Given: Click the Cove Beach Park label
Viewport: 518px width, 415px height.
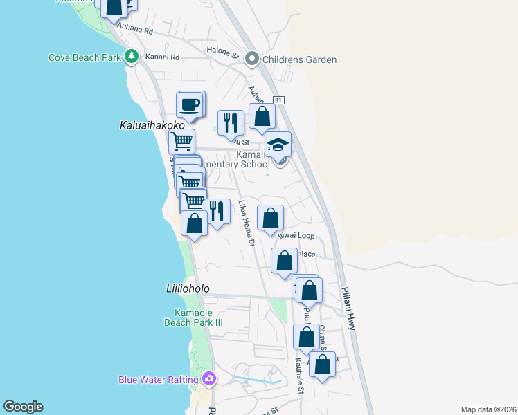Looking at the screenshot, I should coord(84,58).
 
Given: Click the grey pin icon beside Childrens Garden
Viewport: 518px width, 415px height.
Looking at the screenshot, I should coord(251,59).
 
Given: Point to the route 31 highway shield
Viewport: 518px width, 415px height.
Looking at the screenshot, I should coord(278,100).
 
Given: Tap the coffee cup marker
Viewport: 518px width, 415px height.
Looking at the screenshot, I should coord(189,106).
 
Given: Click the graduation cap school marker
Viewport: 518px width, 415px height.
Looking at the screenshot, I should coord(278,145).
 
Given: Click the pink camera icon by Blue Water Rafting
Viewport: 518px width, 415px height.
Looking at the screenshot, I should coord(209,379).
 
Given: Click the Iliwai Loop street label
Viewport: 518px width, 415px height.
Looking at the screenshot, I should coord(296,236).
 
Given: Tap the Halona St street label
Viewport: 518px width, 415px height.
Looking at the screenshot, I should coord(222,50).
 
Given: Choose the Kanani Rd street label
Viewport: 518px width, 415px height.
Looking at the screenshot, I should coord(166,57).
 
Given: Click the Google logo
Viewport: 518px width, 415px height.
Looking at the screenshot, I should coord(23,407).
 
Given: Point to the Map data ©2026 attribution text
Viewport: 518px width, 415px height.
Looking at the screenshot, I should coord(488,409).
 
